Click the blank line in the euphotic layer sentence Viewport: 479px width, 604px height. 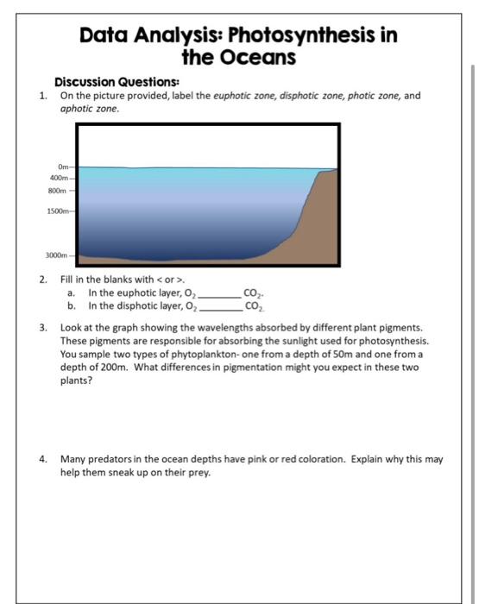pyautogui.click(x=222, y=296)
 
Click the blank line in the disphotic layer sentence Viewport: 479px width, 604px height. pyautogui.click(x=222, y=307)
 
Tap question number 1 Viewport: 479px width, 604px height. pyautogui.click(x=43, y=96)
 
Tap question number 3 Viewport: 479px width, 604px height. pyautogui.click(x=42, y=328)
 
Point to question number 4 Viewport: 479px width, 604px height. pyautogui.click(x=42, y=459)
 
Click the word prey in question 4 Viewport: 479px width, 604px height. pyautogui.click(x=200, y=471)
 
